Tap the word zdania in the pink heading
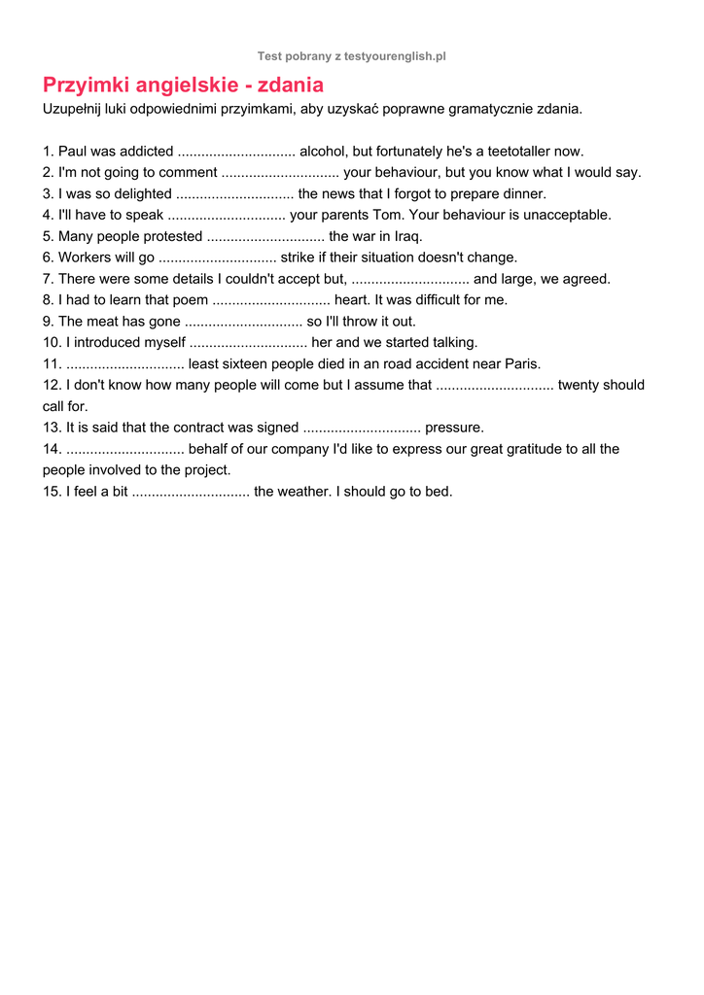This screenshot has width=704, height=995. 291,86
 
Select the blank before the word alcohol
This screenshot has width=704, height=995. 236,152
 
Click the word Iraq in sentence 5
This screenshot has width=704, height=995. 407,236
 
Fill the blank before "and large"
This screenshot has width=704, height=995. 409,279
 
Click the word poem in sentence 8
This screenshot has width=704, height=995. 190,300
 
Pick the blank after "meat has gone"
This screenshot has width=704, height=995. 243,322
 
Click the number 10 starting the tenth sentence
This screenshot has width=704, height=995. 51,343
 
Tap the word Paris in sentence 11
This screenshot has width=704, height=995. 521,364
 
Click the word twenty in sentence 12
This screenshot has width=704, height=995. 580,386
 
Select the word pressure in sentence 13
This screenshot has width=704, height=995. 454,428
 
